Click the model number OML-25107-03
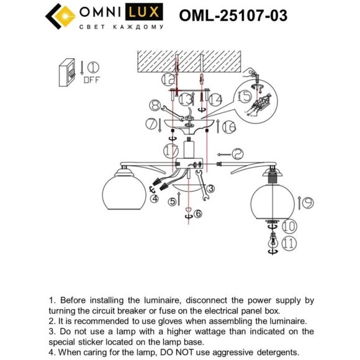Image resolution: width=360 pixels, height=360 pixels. pos(233,16)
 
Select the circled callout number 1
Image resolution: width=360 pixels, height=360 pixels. pos(92,66)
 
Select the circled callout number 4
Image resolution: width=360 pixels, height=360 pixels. pos(154,199)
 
